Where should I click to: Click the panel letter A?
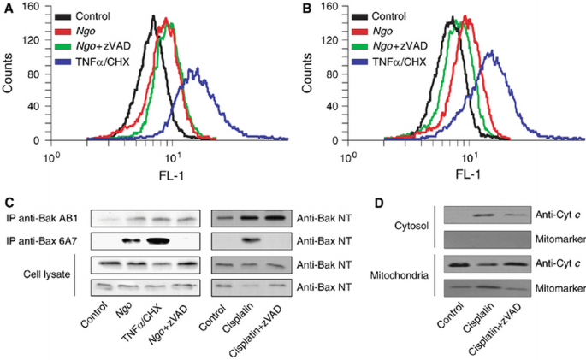click(x=8, y=9)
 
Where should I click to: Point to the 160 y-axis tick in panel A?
click(x=32, y=6)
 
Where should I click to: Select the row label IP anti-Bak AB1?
click(x=45, y=218)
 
